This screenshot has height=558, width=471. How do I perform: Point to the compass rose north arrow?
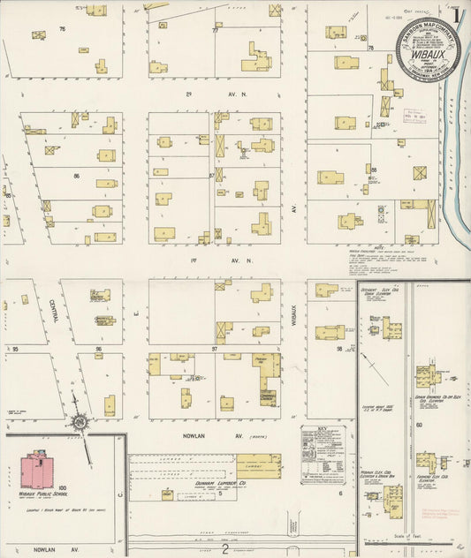(80, 426)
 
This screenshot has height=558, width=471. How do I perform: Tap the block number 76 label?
(62, 30)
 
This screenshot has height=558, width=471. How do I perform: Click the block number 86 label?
(77, 176)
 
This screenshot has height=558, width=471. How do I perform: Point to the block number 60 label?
(419, 424)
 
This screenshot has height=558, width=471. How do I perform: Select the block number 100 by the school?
(62, 487)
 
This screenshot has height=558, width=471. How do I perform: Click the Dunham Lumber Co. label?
(193, 484)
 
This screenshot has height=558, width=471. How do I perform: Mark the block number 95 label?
(15, 350)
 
